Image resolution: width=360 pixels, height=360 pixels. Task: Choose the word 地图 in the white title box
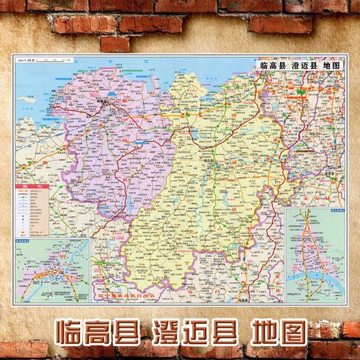[332, 66]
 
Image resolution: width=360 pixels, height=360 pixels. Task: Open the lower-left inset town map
[51, 266]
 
